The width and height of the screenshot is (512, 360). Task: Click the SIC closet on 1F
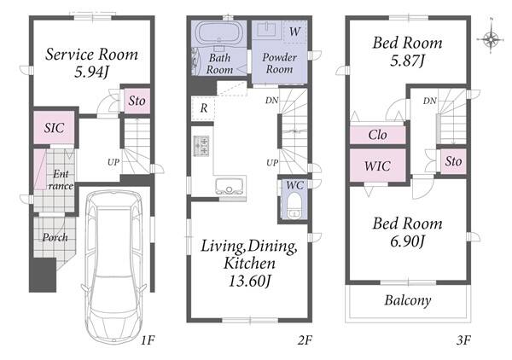click(55, 128)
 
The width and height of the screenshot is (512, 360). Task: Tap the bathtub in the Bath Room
click(219, 32)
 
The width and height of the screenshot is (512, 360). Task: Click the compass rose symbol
click(491, 39)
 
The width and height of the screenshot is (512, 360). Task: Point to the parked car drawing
click(113, 266)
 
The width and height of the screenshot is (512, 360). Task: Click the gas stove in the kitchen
click(201, 146)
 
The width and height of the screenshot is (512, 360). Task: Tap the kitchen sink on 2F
click(230, 187)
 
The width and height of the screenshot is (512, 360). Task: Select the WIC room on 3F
click(378, 165)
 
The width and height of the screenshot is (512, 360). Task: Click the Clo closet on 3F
click(378, 135)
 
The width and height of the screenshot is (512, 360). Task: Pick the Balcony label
click(408, 300)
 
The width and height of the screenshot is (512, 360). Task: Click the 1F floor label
click(148, 340)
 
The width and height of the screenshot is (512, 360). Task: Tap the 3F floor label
click(463, 340)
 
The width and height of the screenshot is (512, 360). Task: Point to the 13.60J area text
click(250, 281)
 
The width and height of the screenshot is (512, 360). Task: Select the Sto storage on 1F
click(137, 101)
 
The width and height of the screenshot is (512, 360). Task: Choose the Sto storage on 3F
click(453, 161)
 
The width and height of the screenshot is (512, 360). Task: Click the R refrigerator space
click(203, 108)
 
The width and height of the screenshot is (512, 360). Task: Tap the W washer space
click(295, 32)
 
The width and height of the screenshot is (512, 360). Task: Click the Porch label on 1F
click(55, 237)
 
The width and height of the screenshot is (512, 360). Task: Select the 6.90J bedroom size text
click(407, 241)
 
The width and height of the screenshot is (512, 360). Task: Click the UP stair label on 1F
click(113, 162)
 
